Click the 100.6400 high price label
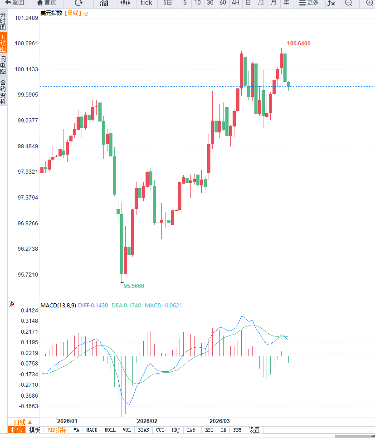coord(298,44)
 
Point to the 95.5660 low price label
coord(134,286)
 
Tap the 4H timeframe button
coord(235,3)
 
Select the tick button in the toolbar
coord(146,3)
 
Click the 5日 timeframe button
coord(168,3)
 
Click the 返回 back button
coord(15,3)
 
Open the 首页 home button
coord(47,3)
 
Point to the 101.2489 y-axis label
coord(26,18)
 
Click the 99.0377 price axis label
coord(26,121)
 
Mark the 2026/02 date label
coord(147,421)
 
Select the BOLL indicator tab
coord(110,430)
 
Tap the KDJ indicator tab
coord(175,430)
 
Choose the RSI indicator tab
coord(209,430)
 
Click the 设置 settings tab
coord(254,430)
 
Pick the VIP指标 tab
coord(57,430)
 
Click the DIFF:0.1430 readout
coord(93,306)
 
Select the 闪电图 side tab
coord(3,65)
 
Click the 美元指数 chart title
coord(51,13)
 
